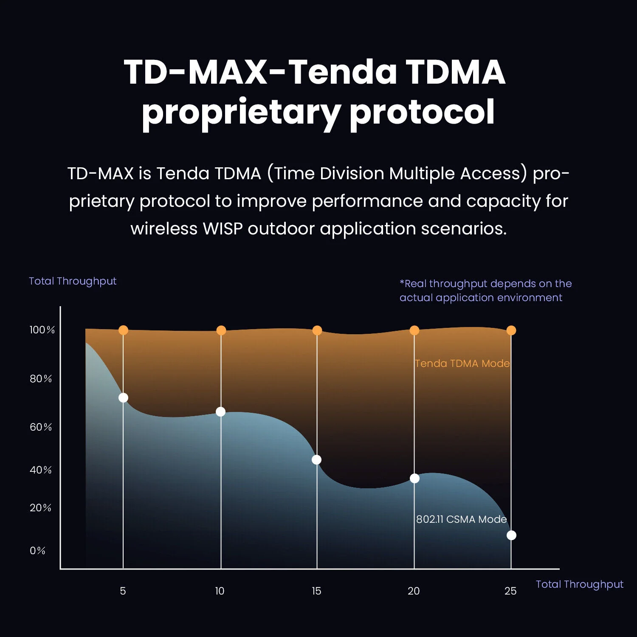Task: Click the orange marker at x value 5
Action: [123, 330]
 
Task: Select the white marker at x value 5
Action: [123, 398]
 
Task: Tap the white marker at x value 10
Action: [221, 412]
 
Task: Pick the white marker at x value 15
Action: [316, 460]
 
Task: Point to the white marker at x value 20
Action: [414, 479]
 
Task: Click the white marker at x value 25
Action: [511, 536]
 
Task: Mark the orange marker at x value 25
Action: [511, 330]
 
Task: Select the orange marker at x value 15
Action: [317, 330]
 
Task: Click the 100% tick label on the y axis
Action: [42, 330]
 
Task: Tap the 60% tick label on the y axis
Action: [41, 427]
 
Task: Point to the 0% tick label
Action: [37, 551]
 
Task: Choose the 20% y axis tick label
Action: [40, 508]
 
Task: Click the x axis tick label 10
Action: [220, 591]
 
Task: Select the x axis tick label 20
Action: [414, 591]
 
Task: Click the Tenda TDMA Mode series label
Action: [462, 364]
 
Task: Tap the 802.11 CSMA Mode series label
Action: [461, 519]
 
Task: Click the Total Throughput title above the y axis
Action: [73, 281]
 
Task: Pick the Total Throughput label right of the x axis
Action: [579, 584]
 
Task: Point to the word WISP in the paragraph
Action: [223, 229]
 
